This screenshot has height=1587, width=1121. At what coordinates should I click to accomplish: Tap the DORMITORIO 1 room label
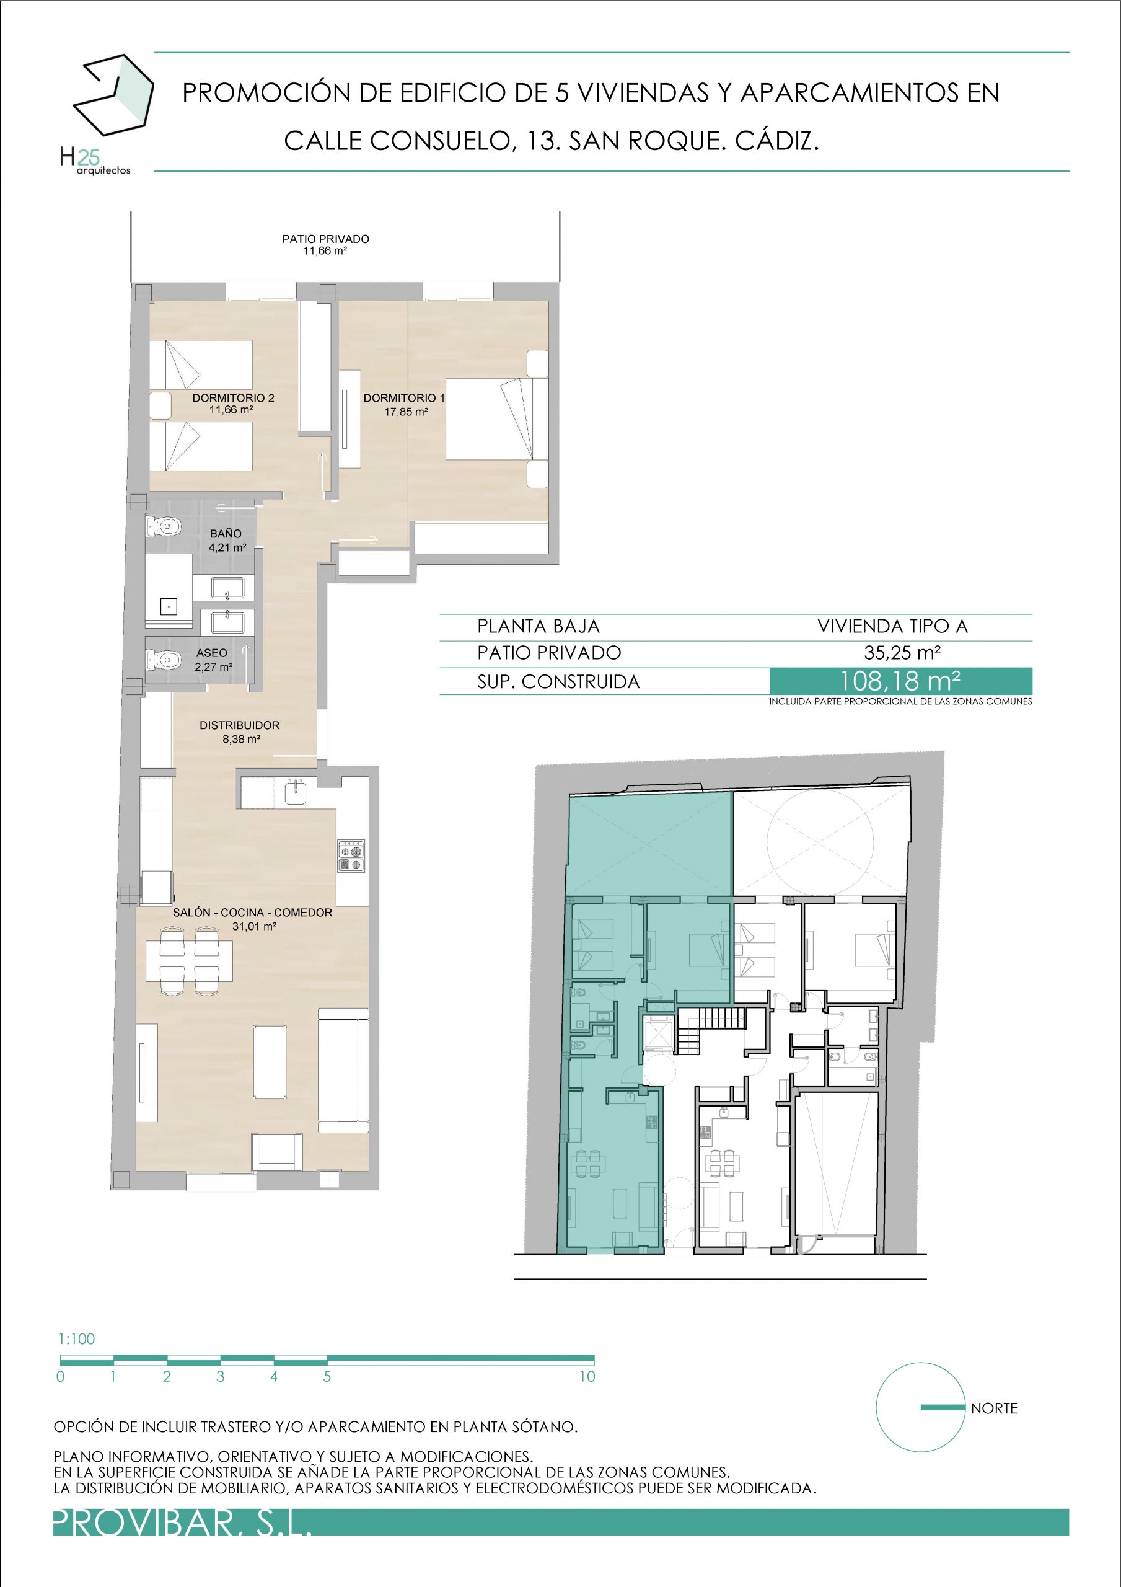click(x=404, y=404)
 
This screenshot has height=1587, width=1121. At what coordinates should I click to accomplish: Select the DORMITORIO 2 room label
click(x=233, y=404)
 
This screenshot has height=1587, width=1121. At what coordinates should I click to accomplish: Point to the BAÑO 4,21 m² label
click(x=227, y=541)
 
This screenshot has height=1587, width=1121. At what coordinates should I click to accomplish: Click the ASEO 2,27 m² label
click(x=213, y=660)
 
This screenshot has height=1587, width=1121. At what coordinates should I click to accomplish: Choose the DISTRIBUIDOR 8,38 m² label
click(x=240, y=732)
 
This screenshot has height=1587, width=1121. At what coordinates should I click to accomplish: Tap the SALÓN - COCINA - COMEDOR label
click(x=252, y=913)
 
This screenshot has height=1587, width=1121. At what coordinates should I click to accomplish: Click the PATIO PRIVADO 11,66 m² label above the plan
click(x=325, y=245)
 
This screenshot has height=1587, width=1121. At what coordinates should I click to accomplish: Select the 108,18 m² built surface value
click(x=900, y=681)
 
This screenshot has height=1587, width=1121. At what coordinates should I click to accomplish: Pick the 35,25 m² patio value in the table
click(x=902, y=653)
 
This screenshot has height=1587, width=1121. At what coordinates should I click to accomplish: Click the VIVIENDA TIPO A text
click(x=892, y=626)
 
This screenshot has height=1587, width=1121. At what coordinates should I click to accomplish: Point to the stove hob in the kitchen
click(x=351, y=856)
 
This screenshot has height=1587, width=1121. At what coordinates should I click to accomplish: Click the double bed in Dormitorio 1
click(x=497, y=419)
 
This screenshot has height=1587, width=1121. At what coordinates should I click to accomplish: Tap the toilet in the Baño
click(x=163, y=528)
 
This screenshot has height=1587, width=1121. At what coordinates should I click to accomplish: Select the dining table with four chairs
click(x=190, y=961)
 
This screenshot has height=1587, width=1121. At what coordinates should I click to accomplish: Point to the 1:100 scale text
click(x=77, y=1339)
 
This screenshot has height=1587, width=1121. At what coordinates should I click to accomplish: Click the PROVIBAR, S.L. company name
click(x=182, y=1523)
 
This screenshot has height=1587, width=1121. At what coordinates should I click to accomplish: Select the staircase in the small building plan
click(x=711, y=1030)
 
